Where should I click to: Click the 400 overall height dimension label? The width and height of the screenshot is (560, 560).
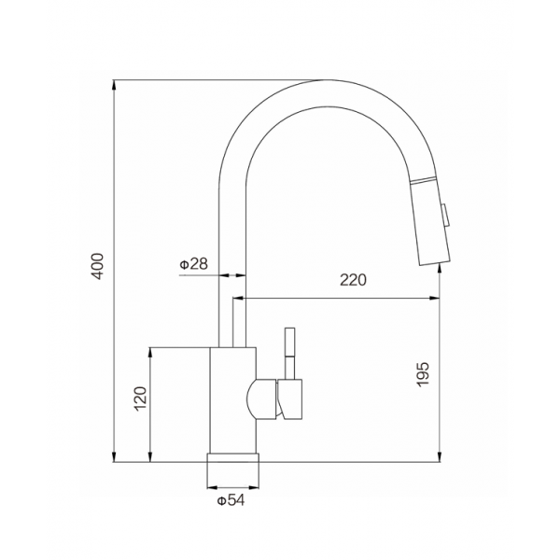(x=97, y=266)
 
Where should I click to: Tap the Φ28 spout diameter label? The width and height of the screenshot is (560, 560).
(x=193, y=264)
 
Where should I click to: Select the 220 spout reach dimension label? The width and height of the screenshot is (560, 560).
(x=353, y=280)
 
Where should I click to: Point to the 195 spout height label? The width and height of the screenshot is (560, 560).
(x=423, y=374)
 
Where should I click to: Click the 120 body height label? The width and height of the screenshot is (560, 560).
(x=140, y=399)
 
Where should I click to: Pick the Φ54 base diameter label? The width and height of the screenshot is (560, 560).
(x=231, y=500)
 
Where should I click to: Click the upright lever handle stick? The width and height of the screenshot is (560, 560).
(x=289, y=353)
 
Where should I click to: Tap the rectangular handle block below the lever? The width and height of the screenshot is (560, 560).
(x=289, y=399)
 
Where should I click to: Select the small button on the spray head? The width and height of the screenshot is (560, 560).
(x=445, y=215)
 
